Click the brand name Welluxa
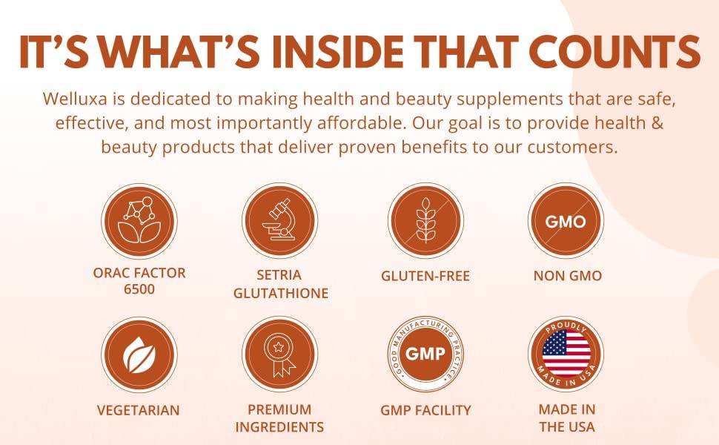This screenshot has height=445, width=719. (x=75, y=99)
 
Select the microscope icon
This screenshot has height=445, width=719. (x=279, y=221)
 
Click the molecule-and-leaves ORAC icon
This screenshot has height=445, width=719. (x=139, y=221)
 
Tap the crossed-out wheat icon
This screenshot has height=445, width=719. (x=425, y=221)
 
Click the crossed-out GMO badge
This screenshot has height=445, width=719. (x=566, y=221)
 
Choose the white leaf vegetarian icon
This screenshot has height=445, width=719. (x=139, y=355)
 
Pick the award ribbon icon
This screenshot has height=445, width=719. (x=279, y=355)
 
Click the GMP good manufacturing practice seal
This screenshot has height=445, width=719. (x=425, y=354)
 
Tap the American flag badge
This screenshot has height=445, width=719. (x=566, y=354)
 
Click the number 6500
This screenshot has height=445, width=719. (x=139, y=289)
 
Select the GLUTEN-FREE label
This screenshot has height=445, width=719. (x=425, y=276)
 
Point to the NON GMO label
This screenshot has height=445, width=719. (x=568, y=276)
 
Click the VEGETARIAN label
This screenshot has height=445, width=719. (x=139, y=410)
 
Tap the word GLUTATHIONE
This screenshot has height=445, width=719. (x=281, y=293)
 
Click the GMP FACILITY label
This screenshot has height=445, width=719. (x=425, y=410)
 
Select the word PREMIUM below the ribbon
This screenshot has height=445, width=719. (x=279, y=409)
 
